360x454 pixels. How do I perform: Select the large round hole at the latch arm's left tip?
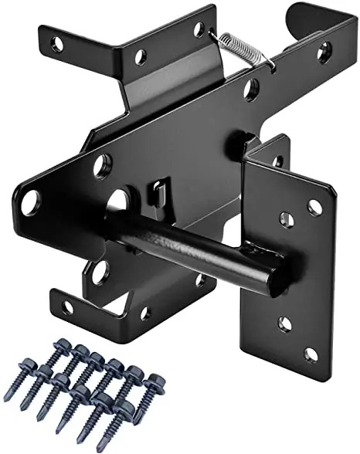click(30, 203)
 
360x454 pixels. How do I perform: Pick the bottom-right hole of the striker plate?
click(311, 354)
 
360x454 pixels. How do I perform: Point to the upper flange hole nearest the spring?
click(199, 29)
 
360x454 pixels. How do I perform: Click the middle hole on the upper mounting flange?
click(140, 56)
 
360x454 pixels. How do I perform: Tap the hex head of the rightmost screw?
click(154, 381)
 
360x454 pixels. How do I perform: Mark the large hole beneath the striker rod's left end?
click(99, 271)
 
